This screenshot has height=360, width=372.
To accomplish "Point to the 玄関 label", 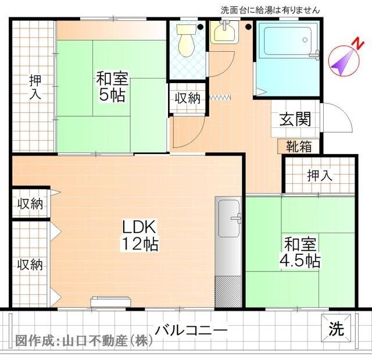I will pos(295,119).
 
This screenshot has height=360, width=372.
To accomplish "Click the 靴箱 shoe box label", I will pos(298,147).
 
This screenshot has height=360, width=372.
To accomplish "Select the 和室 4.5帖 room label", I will pos(301,251).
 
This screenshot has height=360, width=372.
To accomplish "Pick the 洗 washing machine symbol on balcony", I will pos(337,329).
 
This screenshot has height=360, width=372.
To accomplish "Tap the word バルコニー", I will pos(191,330).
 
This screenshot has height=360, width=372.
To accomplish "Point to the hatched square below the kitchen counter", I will pos(227,291).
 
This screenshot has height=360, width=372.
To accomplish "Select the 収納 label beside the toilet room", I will pos(187,98).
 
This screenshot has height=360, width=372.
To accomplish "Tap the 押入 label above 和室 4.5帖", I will pos(319,174).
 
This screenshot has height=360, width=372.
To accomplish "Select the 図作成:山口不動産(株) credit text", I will pos(84,340).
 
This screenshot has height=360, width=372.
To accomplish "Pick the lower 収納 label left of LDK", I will pos(29,265).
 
